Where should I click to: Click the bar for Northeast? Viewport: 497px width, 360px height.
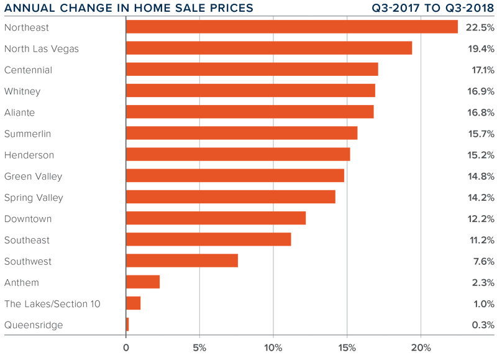(x=291, y=27)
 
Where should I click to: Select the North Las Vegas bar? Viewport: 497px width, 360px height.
(x=268, y=48)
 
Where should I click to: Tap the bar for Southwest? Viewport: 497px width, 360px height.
(x=181, y=261)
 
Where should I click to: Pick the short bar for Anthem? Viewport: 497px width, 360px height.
(x=142, y=282)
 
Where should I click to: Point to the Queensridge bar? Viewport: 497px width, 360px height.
(x=127, y=325)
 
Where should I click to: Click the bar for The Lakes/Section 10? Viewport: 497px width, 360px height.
(x=133, y=303)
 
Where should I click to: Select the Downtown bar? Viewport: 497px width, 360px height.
(x=216, y=218)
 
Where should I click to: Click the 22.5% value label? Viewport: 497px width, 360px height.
(x=481, y=27)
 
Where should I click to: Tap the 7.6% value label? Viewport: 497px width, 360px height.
(x=483, y=261)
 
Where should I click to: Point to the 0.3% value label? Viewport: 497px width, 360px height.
(x=483, y=325)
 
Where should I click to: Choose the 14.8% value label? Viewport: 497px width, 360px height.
(x=481, y=176)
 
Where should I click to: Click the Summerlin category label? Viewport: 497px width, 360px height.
(x=27, y=134)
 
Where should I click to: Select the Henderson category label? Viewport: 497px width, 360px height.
(x=29, y=155)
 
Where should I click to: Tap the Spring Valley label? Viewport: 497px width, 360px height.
(x=34, y=198)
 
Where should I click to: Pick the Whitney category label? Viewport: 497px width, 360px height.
(x=22, y=91)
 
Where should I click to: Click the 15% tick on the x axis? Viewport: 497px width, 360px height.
(x=347, y=347)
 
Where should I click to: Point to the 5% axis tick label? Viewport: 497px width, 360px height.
(x=199, y=347)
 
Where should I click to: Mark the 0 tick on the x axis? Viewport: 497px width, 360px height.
(x=126, y=347)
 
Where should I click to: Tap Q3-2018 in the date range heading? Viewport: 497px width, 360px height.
(x=468, y=8)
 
